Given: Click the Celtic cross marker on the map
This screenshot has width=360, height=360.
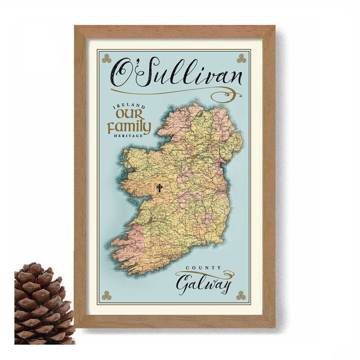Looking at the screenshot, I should [159, 188].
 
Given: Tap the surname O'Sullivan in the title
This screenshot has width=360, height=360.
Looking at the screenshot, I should [177, 74].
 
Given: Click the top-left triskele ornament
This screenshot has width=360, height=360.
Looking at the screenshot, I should [107, 59].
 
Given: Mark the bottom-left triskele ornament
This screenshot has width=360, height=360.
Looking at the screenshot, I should [107, 295].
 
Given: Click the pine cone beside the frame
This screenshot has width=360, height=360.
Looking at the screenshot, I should [44, 303].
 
